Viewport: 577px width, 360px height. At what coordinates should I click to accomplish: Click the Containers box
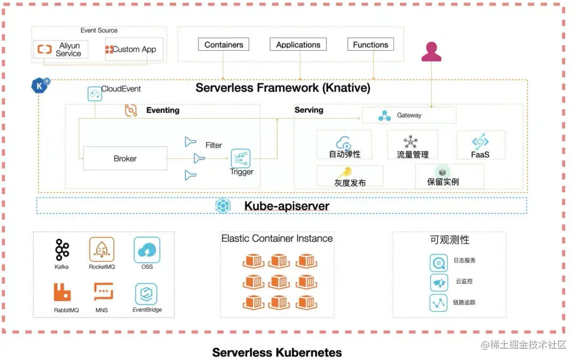pyautogui.click(x=224, y=45)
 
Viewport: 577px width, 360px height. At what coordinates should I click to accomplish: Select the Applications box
pyautogui.click(x=298, y=45)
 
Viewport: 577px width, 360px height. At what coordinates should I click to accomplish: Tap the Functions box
pyautogui.click(x=370, y=45)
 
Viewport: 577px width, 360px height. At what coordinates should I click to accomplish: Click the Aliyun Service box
pyautogui.click(x=61, y=50)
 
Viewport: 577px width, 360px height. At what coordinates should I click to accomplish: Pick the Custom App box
pyautogui.click(x=134, y=50)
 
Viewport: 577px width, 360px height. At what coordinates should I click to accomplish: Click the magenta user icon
pyautogui.click(x=431, y=52)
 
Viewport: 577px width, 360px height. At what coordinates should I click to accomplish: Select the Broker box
pyautogui.click(x=125, y=159)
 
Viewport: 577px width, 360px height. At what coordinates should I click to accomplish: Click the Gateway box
pyautogui.click(x=409, y=115)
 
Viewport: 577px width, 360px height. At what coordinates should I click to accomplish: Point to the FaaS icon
pyautogui.click(x=480, y=142)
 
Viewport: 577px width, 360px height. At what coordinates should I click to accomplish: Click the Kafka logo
pyautogui.click(x=62, y=250)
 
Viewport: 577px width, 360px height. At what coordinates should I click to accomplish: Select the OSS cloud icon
pyautogui.click(x=147, y=250)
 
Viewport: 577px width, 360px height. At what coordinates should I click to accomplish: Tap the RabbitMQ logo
pyautogui.click(x=63, y=292)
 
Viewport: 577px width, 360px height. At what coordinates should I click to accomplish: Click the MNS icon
pyautogui.click(x=102, y=292)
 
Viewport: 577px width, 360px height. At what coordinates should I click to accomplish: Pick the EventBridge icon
pyautogui.click(x=146, y=294)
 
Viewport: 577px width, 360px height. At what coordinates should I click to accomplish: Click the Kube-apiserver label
pyautogui.click(x=286, y=206)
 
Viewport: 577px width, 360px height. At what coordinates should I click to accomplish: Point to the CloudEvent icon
pyautogui.click(x=95, y=95)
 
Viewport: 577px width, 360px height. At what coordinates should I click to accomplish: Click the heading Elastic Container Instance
pyautogui.click(x=277, y=238)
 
